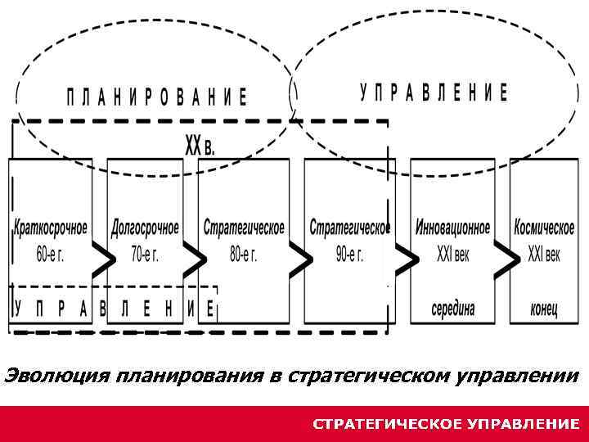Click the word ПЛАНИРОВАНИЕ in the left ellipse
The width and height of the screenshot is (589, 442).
click(x=156, y=97)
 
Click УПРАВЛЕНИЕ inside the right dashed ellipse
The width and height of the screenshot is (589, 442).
click(x=434, y=92)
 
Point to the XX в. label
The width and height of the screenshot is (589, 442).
click(x=200, y=147)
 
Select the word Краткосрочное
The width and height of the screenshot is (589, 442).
click(x=51, y=226)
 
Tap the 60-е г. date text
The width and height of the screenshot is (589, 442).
click(x=50, y=254)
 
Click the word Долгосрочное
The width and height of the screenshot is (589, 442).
click(x=145, y=226)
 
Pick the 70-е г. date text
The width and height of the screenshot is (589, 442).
click(x=145, y=254)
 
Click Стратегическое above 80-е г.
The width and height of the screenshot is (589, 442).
click(x=244, y=226)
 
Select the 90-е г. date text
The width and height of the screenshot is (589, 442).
click(x=349, y=254)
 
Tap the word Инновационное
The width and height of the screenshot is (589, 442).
click(x=453, y=226)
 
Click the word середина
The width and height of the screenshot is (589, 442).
click(x=453, y=309)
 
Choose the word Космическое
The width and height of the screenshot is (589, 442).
click(x=544, y=226)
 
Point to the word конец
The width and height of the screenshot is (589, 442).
click(x=544, y=309)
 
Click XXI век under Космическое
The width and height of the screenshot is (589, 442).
click(x=544, y=254)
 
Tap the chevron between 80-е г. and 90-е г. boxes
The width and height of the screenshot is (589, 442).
click(x=301, y=260)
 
